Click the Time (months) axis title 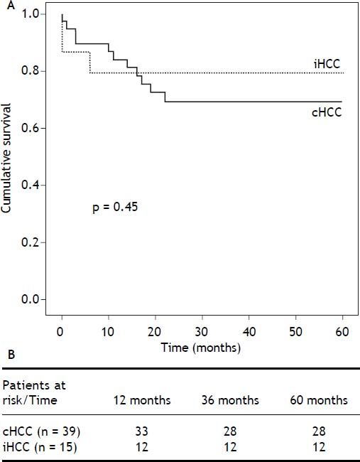pyautogui.click(x=202, y=348)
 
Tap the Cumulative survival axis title pyautogui.click(x=8, y=158)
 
